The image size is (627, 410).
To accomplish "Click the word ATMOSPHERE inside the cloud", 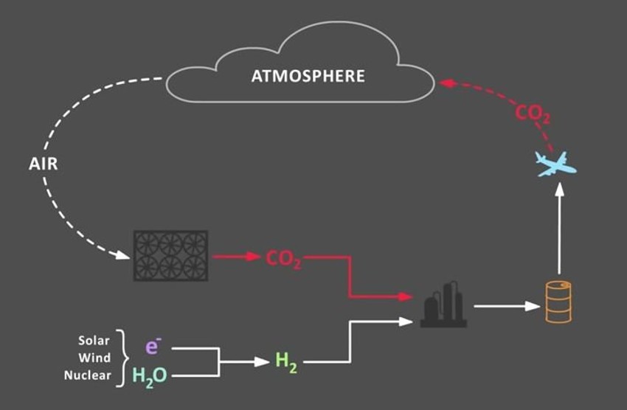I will point(308,76).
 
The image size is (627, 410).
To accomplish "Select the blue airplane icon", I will point(555,164).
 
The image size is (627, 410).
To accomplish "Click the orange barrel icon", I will point(558,302).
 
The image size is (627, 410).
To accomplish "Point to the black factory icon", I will point(443,304).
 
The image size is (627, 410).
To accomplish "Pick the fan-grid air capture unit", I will point(170,255).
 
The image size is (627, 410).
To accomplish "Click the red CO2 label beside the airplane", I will point(533,114).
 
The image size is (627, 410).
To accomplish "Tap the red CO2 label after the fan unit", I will point(283,259).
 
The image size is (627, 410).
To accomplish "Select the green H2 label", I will point(285,361).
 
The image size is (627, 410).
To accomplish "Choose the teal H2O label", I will point(150,375).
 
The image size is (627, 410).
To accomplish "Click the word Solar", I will point(94,341).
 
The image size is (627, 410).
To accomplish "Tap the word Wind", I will point(96,358).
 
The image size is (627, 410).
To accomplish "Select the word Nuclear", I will point(88,375).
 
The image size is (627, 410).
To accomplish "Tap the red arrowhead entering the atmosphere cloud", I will point(445,83).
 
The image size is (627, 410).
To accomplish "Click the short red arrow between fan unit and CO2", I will point(236,257).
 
